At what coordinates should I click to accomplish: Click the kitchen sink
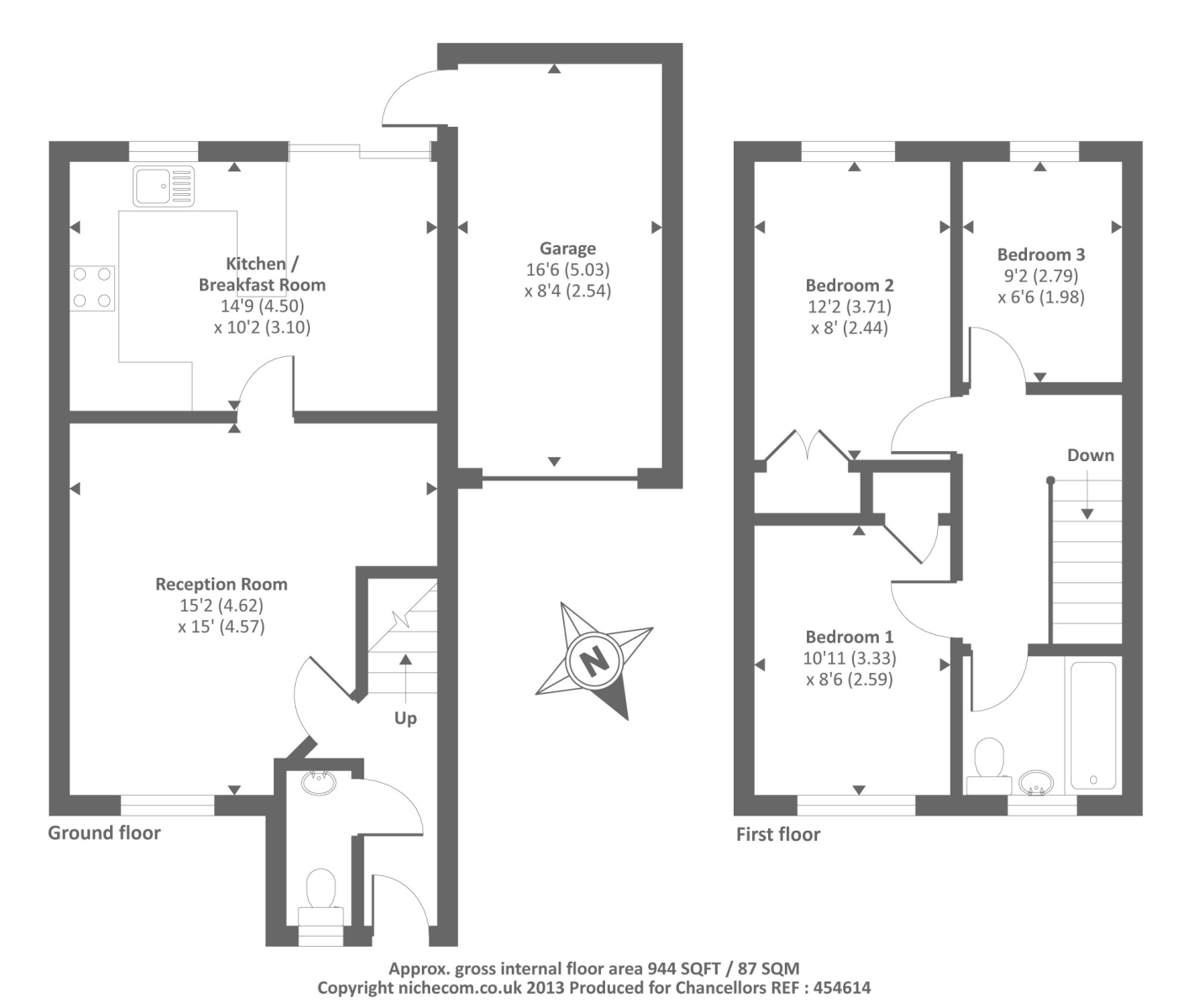click(164, 186)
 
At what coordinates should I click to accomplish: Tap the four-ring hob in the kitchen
click(92, 287)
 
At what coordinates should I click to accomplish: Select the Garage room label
click(567, 249)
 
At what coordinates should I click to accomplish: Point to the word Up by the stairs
click(405, 718)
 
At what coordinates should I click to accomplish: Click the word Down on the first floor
click(1090, 455)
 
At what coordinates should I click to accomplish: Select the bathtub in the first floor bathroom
click(1093, 726)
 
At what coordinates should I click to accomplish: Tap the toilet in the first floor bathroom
click(990, 766)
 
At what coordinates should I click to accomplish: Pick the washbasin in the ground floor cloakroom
click(319, 783)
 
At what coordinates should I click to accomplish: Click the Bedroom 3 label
click(1041, 255)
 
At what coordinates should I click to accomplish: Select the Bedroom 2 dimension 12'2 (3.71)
click(850, 307)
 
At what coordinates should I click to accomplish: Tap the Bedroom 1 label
click(849, 637)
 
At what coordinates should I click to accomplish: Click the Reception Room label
click(222, 584)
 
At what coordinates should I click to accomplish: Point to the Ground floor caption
click(104, 832)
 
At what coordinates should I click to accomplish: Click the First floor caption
click(778, 834)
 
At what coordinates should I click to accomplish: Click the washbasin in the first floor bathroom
click(1035, 783)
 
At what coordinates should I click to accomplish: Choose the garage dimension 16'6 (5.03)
click(567, 270)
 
